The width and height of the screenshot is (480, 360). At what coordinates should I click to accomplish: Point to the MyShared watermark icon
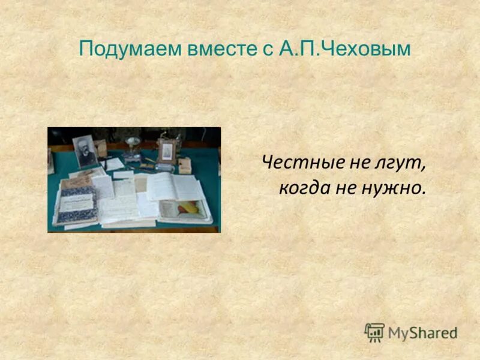coord(374,332)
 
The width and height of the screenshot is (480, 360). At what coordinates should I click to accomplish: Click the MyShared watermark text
coord(422,332)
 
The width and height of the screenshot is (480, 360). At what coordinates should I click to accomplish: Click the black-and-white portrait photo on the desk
coord(85,151)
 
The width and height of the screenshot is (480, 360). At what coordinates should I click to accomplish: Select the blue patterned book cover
coord(76,203)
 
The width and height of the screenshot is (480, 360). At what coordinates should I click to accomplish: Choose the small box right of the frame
coord(185,165)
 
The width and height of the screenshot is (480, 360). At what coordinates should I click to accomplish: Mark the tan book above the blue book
coord(76,181)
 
